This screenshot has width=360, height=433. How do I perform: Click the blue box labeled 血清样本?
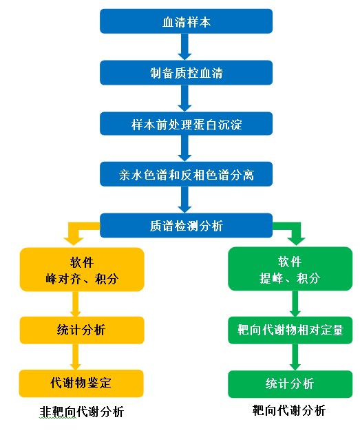tap(186, 21)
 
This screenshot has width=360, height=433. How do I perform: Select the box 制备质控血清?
tap(186, 73)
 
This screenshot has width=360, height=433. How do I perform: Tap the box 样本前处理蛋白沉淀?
tap(186, 123)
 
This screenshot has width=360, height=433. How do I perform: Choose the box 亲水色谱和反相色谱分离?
tap(186, 174)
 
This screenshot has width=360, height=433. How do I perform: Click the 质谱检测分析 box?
tap(186, 225)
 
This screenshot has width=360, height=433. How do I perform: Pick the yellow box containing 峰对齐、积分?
tap(82, 269)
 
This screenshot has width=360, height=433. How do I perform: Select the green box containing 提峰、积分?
tap(290, 268)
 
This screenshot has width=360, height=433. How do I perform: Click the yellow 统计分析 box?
tap(82, 330)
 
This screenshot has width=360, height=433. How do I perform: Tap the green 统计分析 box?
tap(290, 384)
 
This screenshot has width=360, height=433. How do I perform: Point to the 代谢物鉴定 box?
tap(81, 383)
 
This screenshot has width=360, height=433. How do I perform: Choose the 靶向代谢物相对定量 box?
tap(290, 330)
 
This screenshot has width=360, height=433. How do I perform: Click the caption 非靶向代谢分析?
tap(82, 412)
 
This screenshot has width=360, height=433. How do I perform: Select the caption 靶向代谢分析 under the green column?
tap(289, 410)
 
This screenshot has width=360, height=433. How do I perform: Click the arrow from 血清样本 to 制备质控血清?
tap(184, 47)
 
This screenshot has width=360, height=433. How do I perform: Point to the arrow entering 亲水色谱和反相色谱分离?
tap(184, 148)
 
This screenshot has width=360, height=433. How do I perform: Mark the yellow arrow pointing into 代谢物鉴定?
tap(75, 357)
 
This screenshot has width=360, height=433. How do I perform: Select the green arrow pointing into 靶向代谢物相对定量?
tap(295, 304)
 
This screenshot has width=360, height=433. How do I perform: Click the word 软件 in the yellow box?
tap(82, 262)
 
